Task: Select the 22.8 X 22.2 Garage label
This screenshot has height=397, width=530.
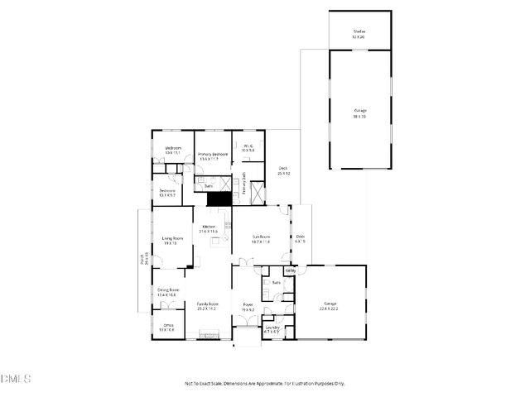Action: [330, 305]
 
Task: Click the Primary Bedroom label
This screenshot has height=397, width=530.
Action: [213, 155]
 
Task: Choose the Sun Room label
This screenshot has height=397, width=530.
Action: [262, 238]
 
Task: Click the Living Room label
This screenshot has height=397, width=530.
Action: [171, 239]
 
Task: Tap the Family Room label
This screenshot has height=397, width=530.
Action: [207, 305]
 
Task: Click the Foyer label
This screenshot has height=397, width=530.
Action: [247, 305]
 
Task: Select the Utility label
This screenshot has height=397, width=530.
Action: [290, 270]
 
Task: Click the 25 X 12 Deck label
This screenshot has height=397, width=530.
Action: [283, 171]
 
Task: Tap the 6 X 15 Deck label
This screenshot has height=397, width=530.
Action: [300, 238]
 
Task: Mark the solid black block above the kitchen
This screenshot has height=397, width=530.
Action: [218, 199]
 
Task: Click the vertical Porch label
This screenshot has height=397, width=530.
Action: [145, 260]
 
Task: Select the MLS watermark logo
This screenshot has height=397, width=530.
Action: [16, 379]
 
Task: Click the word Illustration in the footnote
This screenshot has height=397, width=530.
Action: [301, 383]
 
